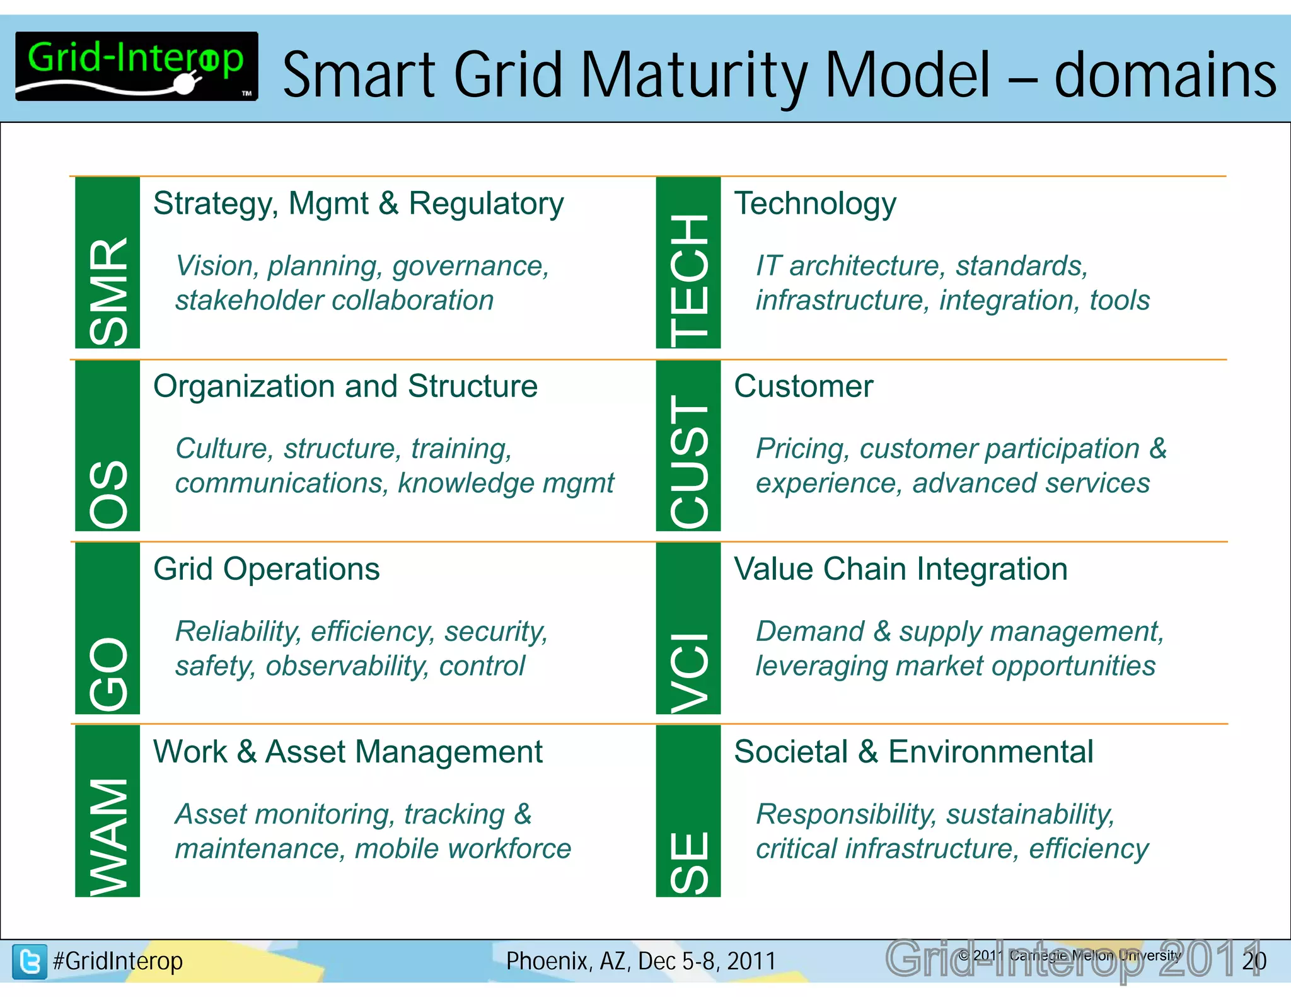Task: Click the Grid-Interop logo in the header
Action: pyautogui.click(x=136, y=66)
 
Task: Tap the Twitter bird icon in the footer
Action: pyautogui.click(x=30, y=961)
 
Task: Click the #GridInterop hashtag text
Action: pyautogui.click(x=118, y=961)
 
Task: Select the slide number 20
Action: pyautogui.click(x=1254, y=961)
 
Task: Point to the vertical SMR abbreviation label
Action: pyautogui.click(x=108, y=291)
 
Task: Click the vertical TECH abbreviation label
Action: pyautogui.click(x=689, y=280)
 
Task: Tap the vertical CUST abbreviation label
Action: pyautogui.click(x=689, y=461)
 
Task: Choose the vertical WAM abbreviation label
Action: pyautogui.click(x=108, y=836)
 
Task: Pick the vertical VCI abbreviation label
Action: pyautogui.click(x=689, y=672)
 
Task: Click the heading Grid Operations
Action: pyautogui.click(x=266, y=569)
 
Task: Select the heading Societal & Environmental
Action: pyautogui.click(x=913, y=752)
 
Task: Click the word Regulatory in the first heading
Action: pyautogui.click(x=486, y=204)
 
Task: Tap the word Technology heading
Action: pyautogui.click(x=815, y=204)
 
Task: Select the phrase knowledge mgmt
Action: pyautogui.click(x=506, y=483)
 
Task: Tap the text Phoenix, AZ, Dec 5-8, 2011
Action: pyautogui.click(x=640, y=961)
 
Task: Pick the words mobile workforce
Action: pyautogui.click(x=463, y=849)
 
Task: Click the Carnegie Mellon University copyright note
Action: pyautogui.click(x=1070, y=955)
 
